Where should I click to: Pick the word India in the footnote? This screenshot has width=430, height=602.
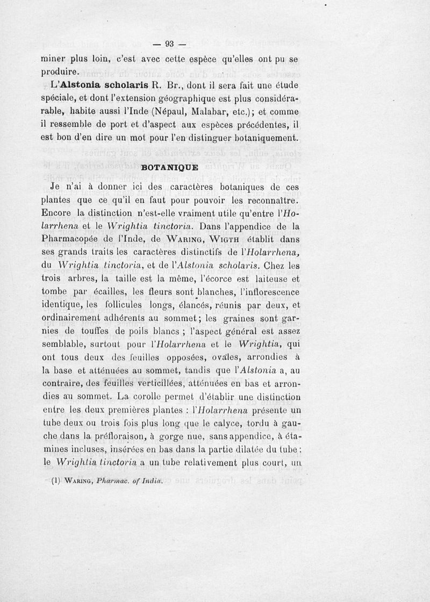pos(151,481)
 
